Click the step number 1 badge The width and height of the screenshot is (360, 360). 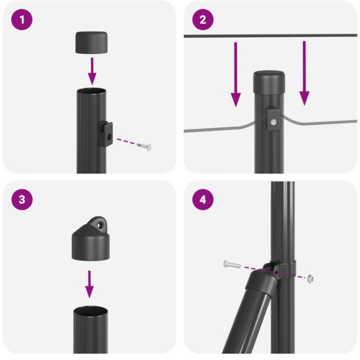click(22, 20)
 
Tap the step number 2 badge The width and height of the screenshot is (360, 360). click(203, 20)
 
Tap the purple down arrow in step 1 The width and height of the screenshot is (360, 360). click(92, 71)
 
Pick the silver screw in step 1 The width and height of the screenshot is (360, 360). click(143, 146)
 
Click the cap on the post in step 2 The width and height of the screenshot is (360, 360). click(270, 79)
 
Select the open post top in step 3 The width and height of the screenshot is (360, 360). click(91, 311)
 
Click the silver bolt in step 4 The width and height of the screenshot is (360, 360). click(232, 264)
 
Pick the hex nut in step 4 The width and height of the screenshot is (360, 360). click(310, 278)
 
